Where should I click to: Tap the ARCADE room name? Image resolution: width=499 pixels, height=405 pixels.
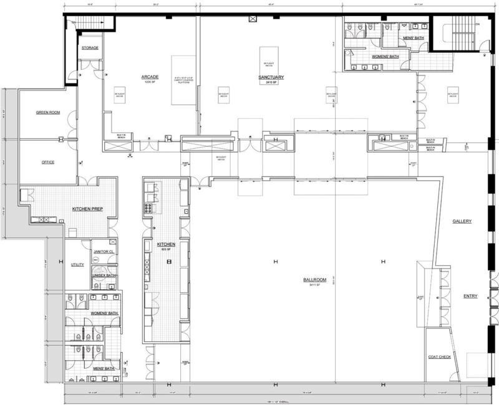[x=150, y=77]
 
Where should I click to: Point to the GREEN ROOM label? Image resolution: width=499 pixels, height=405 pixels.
[x=47, y=113]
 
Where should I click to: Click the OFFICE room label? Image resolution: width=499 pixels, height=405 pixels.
[x=47, y=162]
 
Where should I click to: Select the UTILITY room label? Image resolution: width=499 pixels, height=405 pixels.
[x=77, y=264]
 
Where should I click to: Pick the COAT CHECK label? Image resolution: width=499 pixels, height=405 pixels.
[x=440, y=356]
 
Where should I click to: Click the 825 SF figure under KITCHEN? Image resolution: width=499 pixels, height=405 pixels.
[x=165, y=249]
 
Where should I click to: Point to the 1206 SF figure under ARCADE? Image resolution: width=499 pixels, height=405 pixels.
[x=150, y=82]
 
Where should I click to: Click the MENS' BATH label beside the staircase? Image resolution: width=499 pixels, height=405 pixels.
[x=414, y=39]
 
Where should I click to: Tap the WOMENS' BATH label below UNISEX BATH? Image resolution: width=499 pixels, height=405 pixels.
[x=105, y=313]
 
